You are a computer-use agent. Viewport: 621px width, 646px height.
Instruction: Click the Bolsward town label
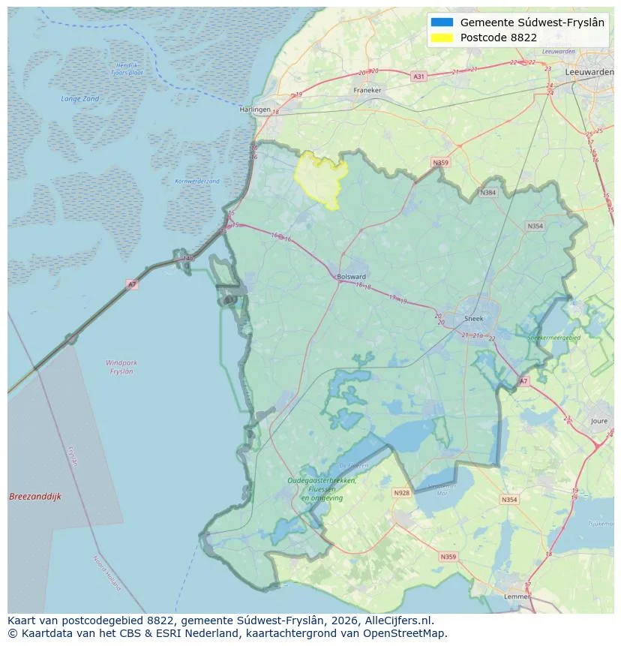352,276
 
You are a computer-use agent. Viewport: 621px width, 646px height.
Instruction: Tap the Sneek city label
475,318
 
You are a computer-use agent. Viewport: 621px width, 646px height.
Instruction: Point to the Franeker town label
367,90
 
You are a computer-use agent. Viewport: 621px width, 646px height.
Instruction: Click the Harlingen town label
254,109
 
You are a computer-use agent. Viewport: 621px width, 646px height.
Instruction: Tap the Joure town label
599,422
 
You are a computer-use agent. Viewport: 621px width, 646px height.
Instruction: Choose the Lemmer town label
516,597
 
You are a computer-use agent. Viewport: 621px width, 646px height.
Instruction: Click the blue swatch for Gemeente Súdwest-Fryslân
442,23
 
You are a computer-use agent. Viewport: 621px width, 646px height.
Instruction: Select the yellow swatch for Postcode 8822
442,38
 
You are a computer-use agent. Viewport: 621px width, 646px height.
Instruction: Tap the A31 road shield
418,77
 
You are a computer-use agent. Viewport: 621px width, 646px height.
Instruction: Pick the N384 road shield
488,193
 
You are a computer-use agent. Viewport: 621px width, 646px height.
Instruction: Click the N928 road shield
402,493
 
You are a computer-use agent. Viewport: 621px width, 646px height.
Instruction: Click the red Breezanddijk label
35,497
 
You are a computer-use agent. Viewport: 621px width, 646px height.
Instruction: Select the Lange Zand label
79,99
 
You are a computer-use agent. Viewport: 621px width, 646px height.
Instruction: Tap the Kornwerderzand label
196,182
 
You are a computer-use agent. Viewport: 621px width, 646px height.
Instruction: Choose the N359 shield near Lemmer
448,557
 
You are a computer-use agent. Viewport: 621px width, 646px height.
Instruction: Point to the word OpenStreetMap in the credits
406,634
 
